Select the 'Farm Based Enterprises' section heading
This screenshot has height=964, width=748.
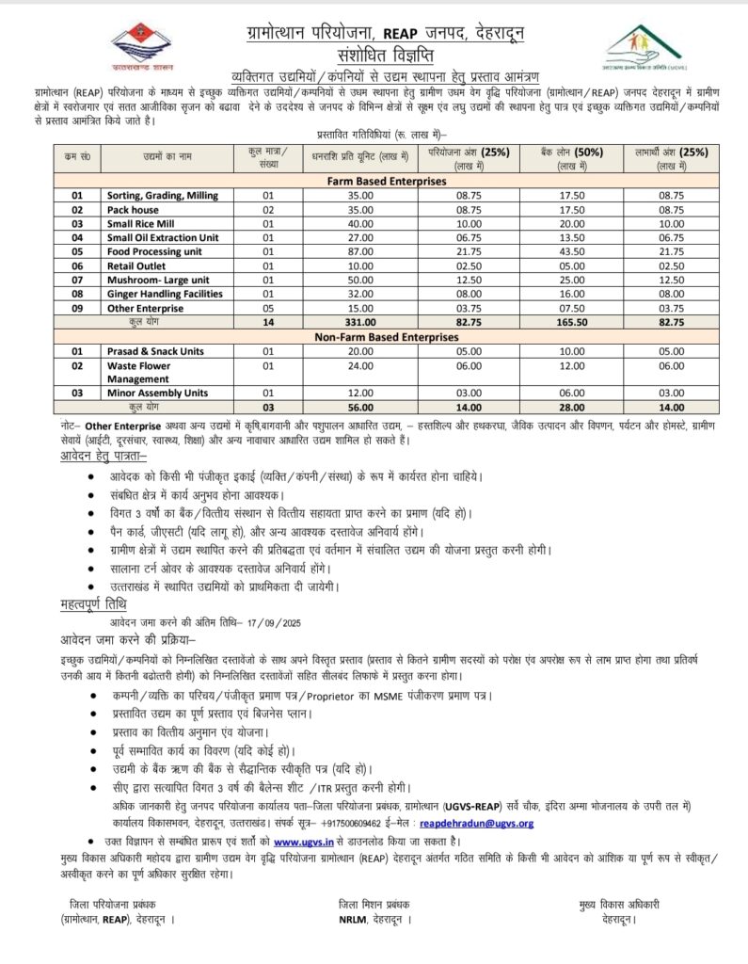point(386,179)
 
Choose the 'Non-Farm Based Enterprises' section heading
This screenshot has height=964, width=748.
point(386,336)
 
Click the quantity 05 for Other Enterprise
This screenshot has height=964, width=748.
point(267,308)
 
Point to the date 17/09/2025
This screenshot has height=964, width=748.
point(276,622)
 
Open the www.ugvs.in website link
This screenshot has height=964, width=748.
point(304,840)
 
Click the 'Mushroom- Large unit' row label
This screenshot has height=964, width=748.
point(157,280)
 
